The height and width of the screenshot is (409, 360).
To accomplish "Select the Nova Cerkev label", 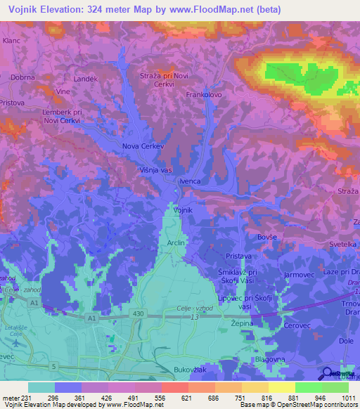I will click(143, 146).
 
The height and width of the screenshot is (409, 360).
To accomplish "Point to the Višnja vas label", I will click(155, 169).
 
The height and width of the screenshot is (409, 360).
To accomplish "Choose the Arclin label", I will click(176, 242).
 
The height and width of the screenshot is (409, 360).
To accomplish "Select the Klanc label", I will click(11, 41).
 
